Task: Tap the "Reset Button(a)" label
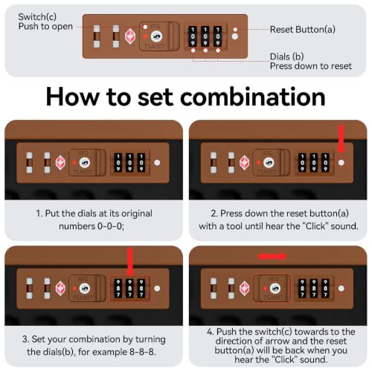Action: (x=303, y=30)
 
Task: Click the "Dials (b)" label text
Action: (x=286, y=57)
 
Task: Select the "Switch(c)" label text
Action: (x=37, y=17)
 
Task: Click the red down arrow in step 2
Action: (x=341, y=139)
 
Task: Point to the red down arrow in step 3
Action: (x=130, y=263)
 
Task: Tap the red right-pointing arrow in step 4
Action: (x=272, y=257)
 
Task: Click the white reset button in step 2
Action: (x=341, y=163)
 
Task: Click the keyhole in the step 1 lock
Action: (x=85, y=163)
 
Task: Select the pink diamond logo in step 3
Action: (x=60, y=289)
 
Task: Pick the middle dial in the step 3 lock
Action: (x=129, y=289)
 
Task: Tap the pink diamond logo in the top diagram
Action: (x=130, y=36)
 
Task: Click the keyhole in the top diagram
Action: (x=156, y=36)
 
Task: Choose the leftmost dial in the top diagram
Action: (x=193, y=36)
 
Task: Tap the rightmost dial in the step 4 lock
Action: (x=325, y=289)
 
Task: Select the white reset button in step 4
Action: (x=341, y=289)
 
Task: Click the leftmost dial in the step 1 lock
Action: (x=118, y=163)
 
